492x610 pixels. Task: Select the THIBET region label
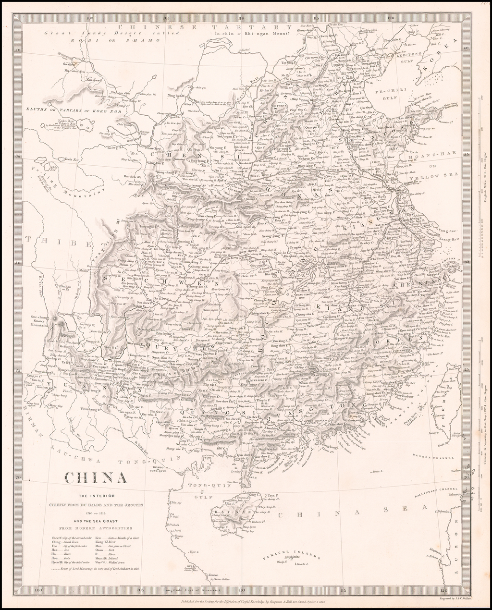click(x=43, y=241)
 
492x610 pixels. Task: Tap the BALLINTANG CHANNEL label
click(x=435, y=489)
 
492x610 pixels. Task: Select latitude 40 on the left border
click(x=18, y=49)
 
